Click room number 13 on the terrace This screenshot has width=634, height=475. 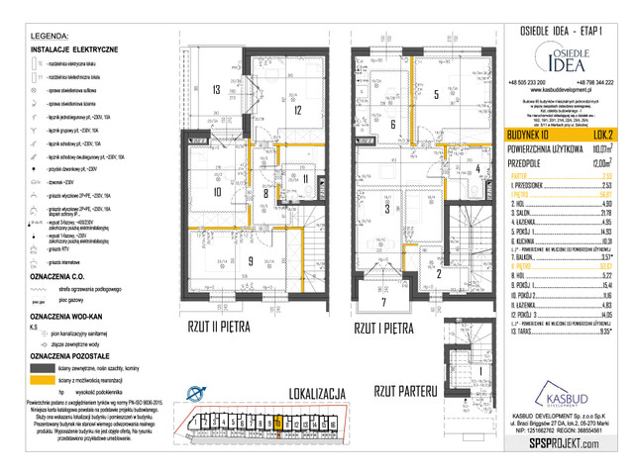click(214, 89)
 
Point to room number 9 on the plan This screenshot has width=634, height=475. click(223, 261)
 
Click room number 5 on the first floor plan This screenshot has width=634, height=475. click(437, 95)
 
